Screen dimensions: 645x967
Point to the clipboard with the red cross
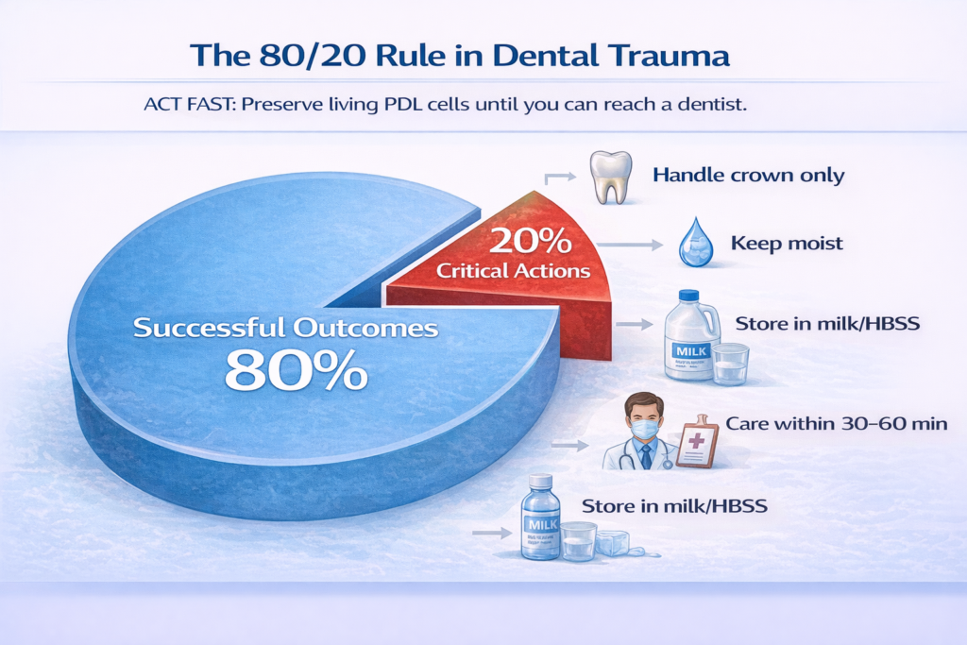[x=697, y=441]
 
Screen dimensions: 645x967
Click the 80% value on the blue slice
[x=296, y=371]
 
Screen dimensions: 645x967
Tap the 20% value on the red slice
[x=530, y=241]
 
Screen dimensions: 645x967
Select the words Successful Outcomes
[x=285, y=328]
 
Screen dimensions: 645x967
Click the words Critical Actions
[x=514, y=271]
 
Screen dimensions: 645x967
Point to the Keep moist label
[x=787, y=244]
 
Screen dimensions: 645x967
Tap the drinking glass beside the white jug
[x=731, y=364]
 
